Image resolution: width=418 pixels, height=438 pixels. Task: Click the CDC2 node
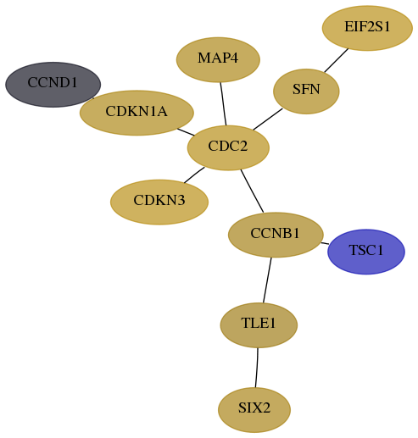(x=228, y=147)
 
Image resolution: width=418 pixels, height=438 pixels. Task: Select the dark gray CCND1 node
(x=53, y=85)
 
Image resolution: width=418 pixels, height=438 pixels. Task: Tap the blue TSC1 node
(x=366, y=252)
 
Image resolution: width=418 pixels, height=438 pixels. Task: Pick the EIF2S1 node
(x=367, y=28)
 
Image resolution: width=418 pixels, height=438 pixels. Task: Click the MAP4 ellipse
(x=218, y=59)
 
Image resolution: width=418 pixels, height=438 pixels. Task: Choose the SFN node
(x=306, y=91)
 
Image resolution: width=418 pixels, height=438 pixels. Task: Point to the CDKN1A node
(x=137, y=113)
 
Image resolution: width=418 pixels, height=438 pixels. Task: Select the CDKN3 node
(x=159, y=202)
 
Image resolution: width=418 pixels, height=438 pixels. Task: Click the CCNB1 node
(x=276, y=235)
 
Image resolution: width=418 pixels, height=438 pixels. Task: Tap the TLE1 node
(x=259, y=325)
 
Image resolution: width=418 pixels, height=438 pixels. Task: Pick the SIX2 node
(x=254, y=410)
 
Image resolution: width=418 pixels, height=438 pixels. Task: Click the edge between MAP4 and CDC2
(x=223, y=103)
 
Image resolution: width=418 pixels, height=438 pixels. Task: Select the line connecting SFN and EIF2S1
(x=337, y=60)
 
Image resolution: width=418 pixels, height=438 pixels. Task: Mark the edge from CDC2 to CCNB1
(x=252, y=191)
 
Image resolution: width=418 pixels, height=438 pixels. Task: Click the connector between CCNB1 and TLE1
(x=267, y=280)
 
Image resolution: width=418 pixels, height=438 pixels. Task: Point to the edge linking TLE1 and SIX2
(x=256, y=368)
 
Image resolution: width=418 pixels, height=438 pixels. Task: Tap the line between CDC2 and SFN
(x=268, y=119)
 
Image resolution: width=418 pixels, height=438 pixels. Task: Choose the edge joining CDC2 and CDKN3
(x=194, y=175)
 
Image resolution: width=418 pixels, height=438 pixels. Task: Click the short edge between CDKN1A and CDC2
(x=186, y=132)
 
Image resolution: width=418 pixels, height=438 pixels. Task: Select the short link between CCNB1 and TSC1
(x=325, y=243)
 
